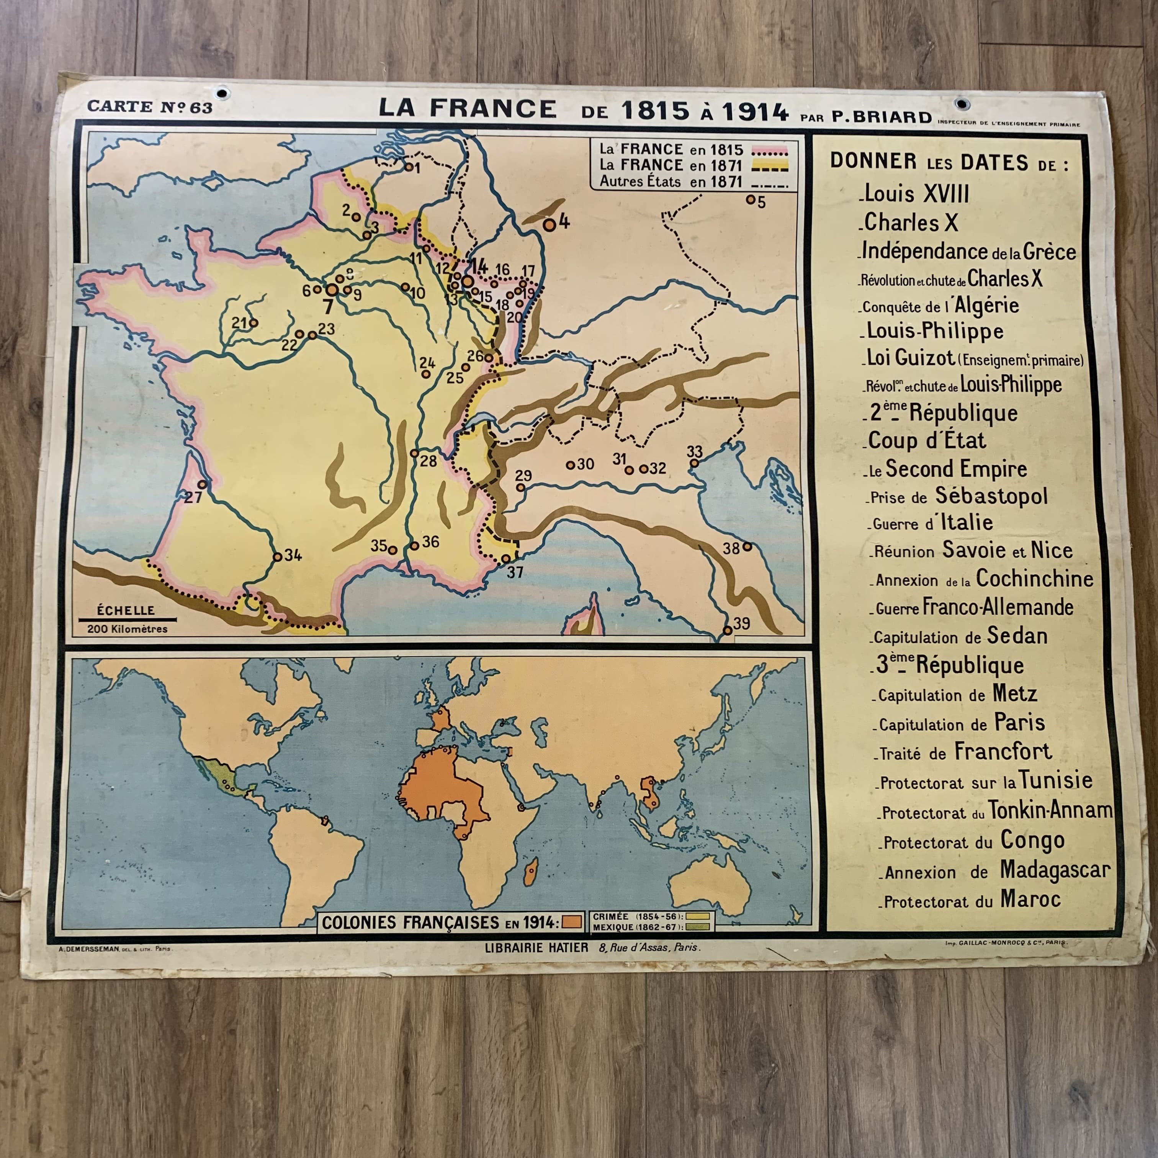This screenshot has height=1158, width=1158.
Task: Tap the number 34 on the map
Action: coord(293,555)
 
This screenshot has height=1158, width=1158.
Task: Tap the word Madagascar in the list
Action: coord(1055,870)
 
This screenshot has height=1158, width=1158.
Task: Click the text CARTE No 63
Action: coord(150,107)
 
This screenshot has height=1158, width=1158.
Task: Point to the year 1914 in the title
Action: coord(755,112)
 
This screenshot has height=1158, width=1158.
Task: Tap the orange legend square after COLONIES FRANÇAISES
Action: coord(571,921)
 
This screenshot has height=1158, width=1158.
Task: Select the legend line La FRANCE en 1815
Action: coord(671,149)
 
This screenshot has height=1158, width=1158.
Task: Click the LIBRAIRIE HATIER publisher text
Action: coord(536,948)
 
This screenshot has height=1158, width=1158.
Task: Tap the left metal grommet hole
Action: coord(222,93)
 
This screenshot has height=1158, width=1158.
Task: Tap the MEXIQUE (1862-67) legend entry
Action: coord(637,927)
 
